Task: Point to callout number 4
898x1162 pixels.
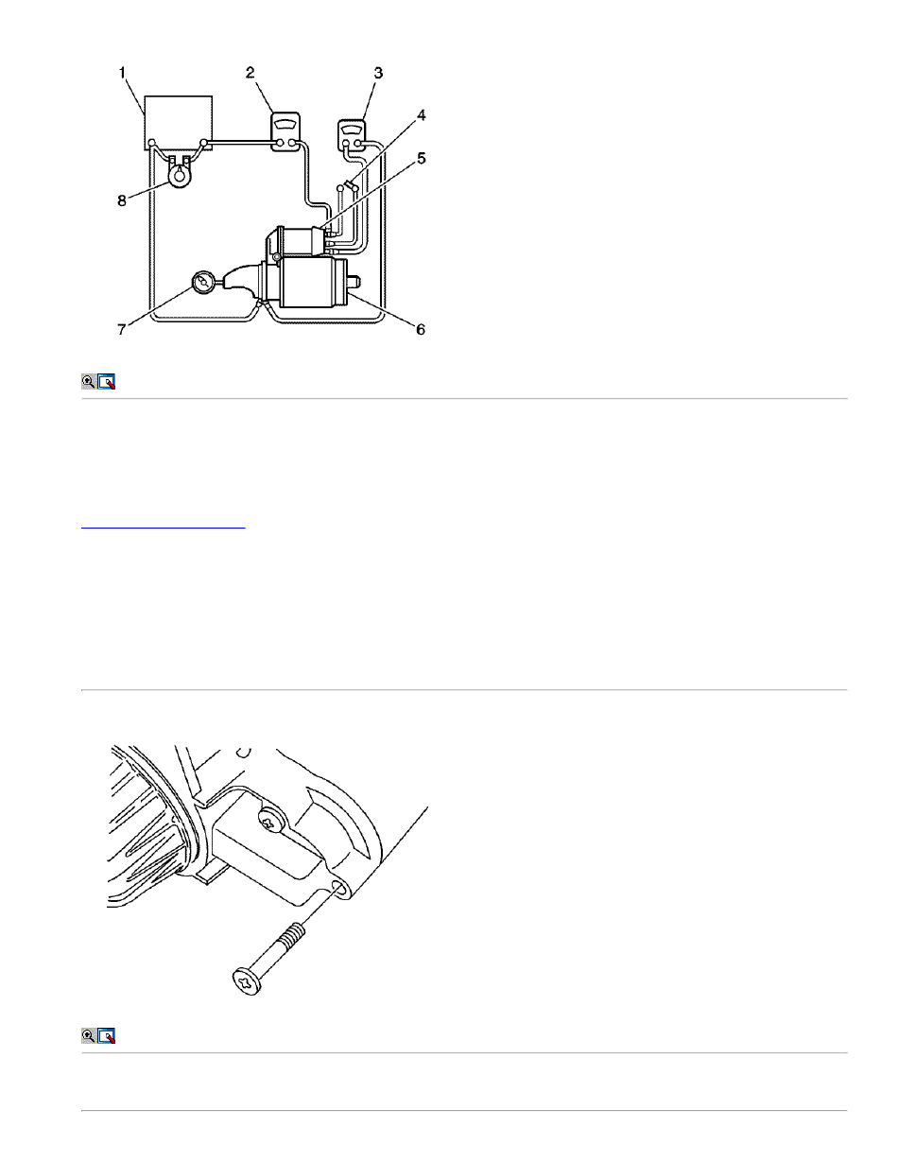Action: [421, 115]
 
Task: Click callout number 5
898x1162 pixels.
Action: [421, 159]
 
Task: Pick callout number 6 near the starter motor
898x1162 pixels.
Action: [421, 329]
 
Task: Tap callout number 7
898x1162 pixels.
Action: [121, 329]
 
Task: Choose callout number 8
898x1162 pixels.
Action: [121, 200]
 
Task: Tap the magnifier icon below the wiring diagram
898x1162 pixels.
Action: [88, 382]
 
